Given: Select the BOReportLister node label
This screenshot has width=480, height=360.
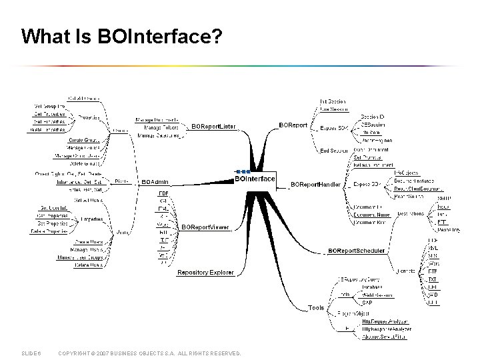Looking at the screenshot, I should pos(214,126).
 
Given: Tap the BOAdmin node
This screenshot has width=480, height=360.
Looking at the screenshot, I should pos(155,181).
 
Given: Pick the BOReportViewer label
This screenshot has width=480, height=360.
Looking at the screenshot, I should pos(205,227).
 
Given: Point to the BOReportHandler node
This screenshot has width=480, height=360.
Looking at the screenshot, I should pos(316,183).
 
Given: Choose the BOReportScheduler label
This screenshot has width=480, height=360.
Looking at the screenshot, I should pos(357,251).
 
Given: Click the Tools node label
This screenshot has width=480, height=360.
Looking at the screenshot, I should pos(316,308).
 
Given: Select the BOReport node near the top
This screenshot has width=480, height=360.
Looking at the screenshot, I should pos(293,125).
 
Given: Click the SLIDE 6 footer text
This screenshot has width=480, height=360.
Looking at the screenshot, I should pos(31,353).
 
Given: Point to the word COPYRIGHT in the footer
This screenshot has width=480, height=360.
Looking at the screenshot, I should pos(74,353).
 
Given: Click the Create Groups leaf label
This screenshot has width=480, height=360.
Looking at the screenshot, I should pos(84,139).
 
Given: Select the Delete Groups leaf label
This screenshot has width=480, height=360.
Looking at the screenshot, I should pos(84,163).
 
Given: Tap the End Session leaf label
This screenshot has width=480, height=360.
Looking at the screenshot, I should pos(334,151).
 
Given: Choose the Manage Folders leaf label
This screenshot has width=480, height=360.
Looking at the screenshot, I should pos(161,127).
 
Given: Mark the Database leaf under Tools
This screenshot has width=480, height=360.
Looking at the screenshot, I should pos(372,287).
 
